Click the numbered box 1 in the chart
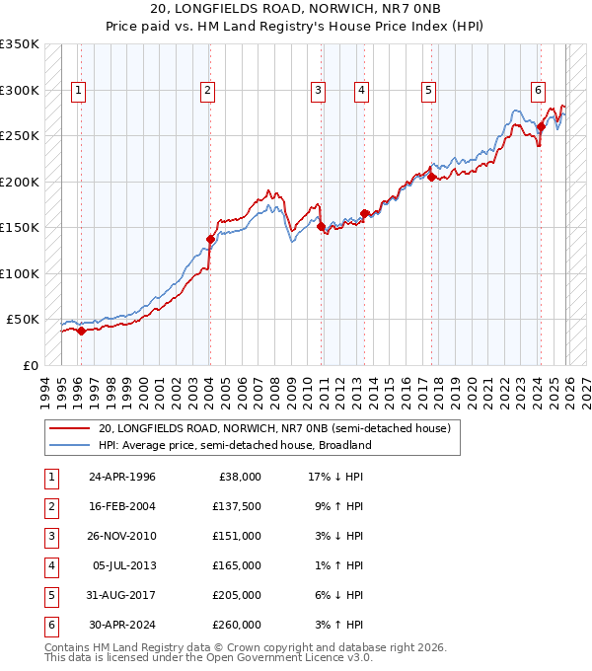coord(78,91)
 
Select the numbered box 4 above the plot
coord(362,91)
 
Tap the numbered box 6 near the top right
coord(538,91)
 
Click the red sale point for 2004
coord(210,239)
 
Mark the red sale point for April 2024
coord(541,126)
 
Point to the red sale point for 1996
coord(81,331)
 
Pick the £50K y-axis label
coord(23,320)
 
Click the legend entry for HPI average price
coord(234,445)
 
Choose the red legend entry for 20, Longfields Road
coord(274,428)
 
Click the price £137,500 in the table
coord(237,506)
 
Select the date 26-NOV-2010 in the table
coord(121,536)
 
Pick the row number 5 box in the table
coord(49,595)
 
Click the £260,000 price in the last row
coord(237,625)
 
